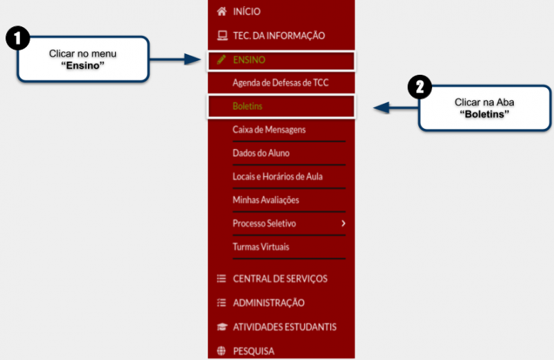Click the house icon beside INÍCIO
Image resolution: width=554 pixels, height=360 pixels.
tap(222, 12)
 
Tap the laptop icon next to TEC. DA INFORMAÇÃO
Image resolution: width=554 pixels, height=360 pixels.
tap(222, 36)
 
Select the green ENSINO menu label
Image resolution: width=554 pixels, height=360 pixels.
tap(249, 60)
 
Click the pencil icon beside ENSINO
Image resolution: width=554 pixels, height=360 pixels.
tap(221, 60)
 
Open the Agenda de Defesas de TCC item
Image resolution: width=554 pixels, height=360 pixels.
tap(280, 83)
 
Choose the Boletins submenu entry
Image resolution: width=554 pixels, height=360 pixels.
tap(247, 106)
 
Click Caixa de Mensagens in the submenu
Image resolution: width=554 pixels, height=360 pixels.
tap(269, 129)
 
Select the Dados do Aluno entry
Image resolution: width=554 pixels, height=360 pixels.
tap(261, 153)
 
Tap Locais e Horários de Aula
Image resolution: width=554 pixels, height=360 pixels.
tap(278, 177)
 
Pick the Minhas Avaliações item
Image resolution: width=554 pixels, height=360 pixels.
tap(266, 200)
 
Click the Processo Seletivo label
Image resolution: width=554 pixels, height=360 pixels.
tap(265, 224)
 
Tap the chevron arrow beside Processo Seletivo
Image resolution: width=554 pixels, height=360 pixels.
tap(343, 224)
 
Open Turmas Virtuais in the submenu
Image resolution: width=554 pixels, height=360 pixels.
tap(261, 246)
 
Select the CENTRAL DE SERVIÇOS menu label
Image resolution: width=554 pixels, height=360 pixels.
tap(280, 279)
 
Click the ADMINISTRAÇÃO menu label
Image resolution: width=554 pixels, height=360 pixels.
tap(269, 303)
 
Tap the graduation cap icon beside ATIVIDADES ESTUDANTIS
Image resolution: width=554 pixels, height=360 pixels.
tap(222, 327)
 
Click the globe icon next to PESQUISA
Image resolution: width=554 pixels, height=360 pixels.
tap(221, 351)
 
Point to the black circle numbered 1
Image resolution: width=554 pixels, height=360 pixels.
tap(18, 38)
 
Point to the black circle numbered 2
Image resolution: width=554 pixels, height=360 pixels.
tap(420, 87)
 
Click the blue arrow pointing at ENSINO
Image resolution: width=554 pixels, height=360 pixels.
tap(175, 60)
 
